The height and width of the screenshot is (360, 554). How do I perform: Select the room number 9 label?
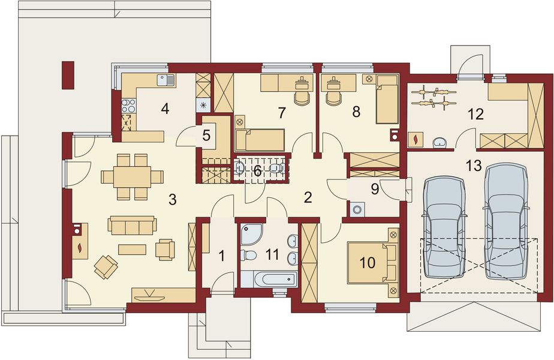[x=375, y=188]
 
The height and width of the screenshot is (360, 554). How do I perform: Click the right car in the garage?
[x=505, y=221]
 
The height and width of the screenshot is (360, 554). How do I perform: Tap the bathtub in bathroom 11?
[x=268, y=279]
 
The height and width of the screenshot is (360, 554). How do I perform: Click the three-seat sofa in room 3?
[x=132, y=226]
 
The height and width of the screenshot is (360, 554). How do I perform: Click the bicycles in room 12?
[x=435, y=98]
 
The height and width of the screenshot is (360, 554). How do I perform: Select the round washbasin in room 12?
[x=439, y=142]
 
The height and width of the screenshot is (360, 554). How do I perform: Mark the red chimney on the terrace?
[x=67, y=74]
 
